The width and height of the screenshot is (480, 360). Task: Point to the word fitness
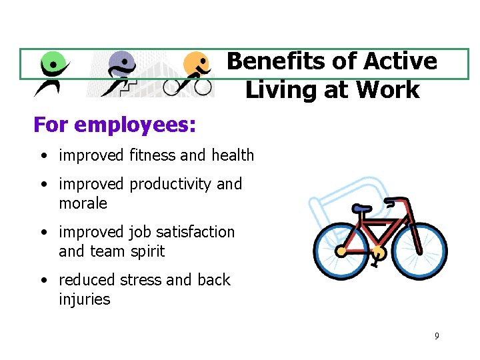[153, 155]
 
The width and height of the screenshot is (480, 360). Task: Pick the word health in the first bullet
[233, 155]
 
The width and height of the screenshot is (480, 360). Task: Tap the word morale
[83, 203]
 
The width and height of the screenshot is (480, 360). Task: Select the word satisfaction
[200, 232]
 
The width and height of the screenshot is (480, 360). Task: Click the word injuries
[84, 299]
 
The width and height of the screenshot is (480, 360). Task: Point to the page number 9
[437, 336]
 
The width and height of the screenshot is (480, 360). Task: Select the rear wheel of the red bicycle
[341, 251]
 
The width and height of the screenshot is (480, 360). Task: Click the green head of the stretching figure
[55, 65]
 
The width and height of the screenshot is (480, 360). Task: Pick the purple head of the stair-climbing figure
[122, 63]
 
